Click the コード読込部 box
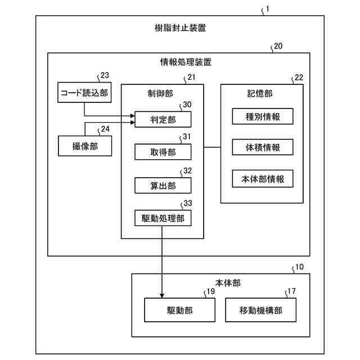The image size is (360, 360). pyautogui.click(x=83, y=93)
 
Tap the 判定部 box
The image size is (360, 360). pyautogui.click(x=163, y=119)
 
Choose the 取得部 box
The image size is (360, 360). pyautogui.click(x=163, y=151)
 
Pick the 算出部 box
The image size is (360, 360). pyautogui.click(x=163, y=184)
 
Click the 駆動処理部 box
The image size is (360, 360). pyautogui.click(x=163, y=217)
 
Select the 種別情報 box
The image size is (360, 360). pyautogui.click(x=262, y=116)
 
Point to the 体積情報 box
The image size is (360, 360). pyautogui.click(x=262, y=148)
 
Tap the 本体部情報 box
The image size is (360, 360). pyautogui.click(x=262, y=179)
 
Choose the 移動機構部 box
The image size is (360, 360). pyautogui.click(x=260, y=309)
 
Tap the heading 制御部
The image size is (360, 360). pyautogui.click(x=148, y=93)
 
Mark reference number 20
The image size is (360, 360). pyautogui.click(x=277, y=47)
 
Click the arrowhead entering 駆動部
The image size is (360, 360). pyautogui.click(x=162, y=295)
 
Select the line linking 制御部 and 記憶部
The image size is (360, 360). pyautogui.click(x=211, y=147)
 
